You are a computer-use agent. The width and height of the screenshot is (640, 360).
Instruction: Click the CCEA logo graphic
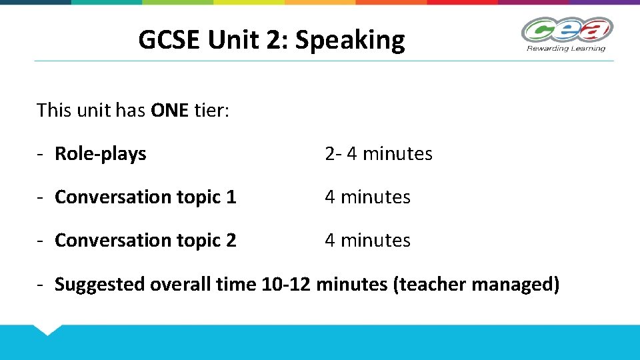[567, 30]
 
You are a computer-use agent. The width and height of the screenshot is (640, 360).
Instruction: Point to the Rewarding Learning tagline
[566, 48]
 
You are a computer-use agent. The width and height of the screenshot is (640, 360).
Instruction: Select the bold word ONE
[170, 110]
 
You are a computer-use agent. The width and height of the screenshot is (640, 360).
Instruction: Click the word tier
[211, 110]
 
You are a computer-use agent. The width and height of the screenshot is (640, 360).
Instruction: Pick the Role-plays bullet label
[101, 154]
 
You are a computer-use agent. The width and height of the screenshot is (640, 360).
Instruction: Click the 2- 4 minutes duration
[379, 154]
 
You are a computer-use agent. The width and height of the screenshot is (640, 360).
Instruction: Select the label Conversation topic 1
[145, 197]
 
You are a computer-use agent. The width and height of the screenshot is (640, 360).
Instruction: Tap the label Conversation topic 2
[145, 241]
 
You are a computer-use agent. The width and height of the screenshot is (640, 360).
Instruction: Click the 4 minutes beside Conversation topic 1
[367, 197]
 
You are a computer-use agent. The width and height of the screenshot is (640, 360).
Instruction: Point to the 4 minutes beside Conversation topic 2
[367, 241]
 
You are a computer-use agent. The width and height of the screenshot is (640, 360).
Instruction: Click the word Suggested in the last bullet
[100, 285]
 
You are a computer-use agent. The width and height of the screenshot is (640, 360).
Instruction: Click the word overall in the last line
[181, 285]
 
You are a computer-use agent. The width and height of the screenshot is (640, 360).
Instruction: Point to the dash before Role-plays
[41, 154]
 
